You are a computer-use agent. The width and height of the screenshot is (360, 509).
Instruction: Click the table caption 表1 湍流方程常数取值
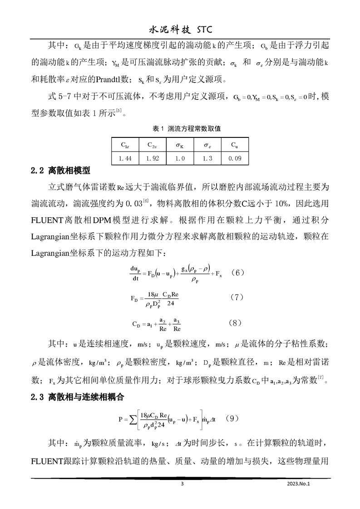(x=180, y=129)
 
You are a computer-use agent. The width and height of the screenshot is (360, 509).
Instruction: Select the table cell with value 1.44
(x=125, y=158)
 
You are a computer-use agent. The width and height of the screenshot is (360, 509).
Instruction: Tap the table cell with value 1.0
(x=180, y=158)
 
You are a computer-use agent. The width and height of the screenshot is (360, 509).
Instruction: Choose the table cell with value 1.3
(x=207, y=158)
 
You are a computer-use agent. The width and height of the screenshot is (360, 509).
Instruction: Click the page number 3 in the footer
(x=182, y=484)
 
